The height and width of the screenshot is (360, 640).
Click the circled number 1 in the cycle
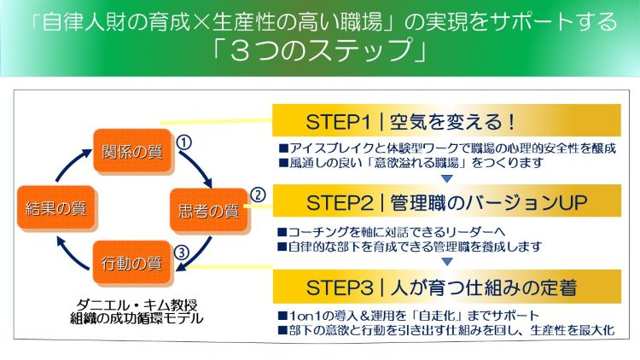click(x=183, y=140)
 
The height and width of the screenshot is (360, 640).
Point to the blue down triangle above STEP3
click(x=445, y=261)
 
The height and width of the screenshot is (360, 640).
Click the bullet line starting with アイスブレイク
click(x=446, y=146)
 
